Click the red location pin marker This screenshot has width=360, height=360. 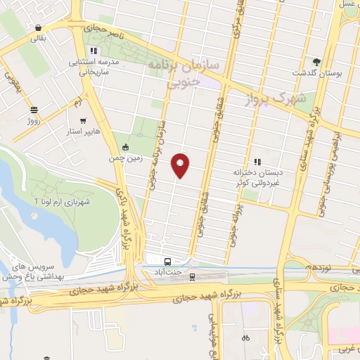click(180, 165)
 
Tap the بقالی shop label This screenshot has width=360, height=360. click(37, 39)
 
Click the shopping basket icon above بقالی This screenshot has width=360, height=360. click(37, 28)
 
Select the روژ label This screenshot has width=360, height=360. click(34, 120)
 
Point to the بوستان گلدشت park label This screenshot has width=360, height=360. click(317, 73)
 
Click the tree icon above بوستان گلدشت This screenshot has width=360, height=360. click(317, 62)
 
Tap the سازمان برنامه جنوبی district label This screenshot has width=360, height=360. click(184, 73)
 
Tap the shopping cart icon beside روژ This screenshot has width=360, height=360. click(34, 109)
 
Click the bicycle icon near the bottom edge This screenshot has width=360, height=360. click(245, 337)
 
